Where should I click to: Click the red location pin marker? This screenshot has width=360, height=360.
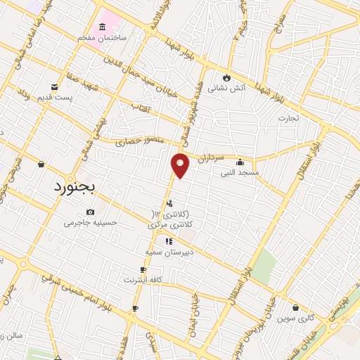pos(181,165)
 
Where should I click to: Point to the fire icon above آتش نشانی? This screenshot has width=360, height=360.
pos(227,78)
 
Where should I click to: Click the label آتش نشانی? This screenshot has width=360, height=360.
pos(228,89)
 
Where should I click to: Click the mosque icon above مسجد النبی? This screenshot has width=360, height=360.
pos(240,162)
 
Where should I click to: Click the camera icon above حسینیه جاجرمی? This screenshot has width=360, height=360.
pos(90,212)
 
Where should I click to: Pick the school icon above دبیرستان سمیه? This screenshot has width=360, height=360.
pos(168,241)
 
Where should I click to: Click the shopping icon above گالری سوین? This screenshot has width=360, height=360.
pos(296,307)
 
